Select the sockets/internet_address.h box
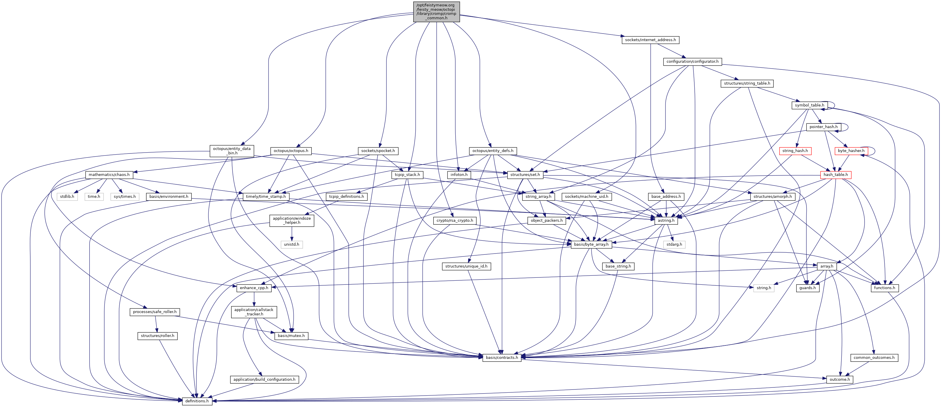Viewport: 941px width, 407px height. tap(650, 40)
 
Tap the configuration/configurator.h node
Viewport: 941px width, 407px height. tap(692, 62)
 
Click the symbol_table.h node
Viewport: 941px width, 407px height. tap(809, 105)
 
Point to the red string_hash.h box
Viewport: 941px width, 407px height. tap(795, 151)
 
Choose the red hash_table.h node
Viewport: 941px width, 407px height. tap(835, 175)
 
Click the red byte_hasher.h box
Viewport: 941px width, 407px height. tap(851, 151)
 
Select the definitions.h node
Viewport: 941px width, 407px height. tap(197, 401)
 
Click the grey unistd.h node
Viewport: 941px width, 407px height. tap(292, 244)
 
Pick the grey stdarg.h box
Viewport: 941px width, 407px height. tap(674, 244)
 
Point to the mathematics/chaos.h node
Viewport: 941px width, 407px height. tap(109, 175)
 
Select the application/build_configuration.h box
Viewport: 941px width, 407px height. tap(264, 379)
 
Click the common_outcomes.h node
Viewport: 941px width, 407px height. tap(874, 357)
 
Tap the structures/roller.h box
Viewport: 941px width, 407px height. tap(157, 336)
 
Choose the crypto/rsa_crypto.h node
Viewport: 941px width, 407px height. tap(454, 221)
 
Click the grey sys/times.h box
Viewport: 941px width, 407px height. tap(125, 197)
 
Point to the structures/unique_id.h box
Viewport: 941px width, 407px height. tap(466, 266)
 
